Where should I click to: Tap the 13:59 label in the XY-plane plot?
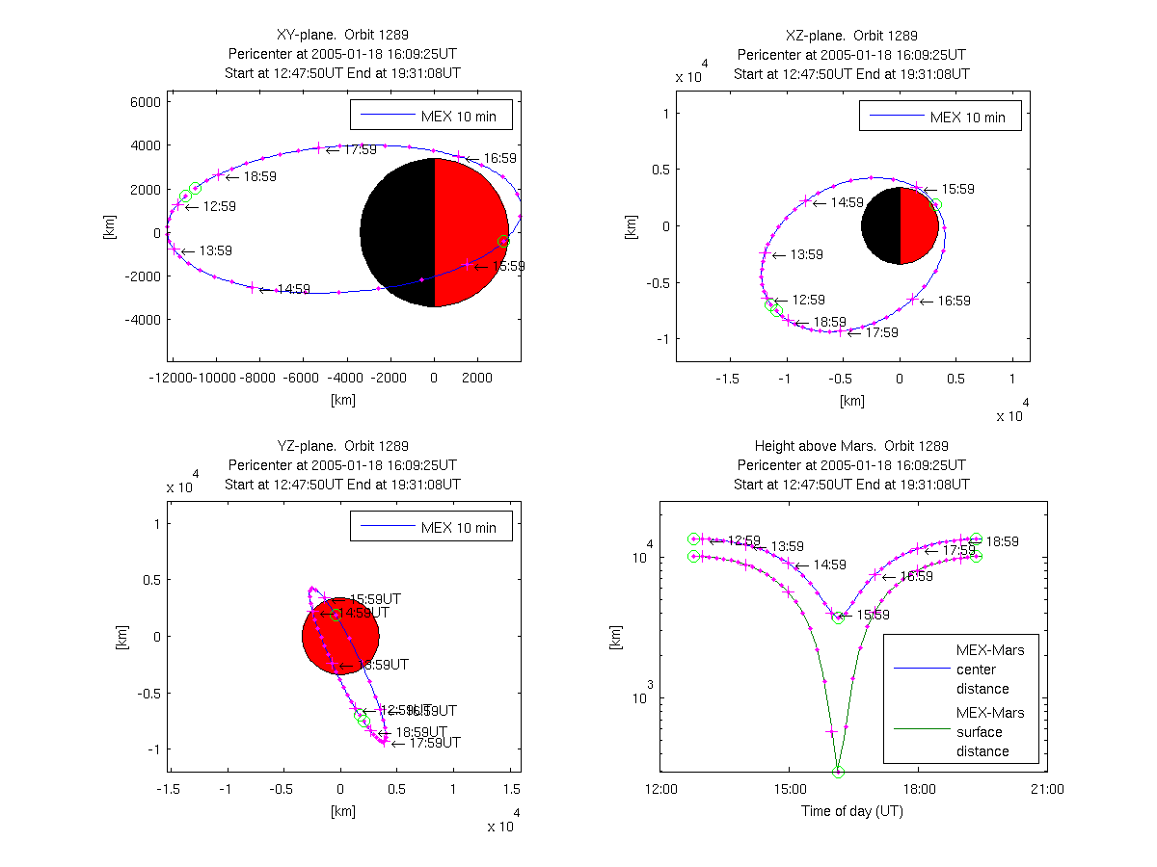[x=215, y=251]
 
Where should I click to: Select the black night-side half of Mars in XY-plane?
[x=397, y=232]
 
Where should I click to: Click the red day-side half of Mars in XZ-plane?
[x=918, y=225]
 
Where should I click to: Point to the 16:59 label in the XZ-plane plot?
[x=954, y=301]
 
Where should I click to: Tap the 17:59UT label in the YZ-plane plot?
[x=435, y=743]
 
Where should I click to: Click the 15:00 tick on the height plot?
[x=789, y=789]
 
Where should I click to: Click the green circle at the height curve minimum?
[x=838, y=772]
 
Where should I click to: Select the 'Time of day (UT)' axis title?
[x=852, y=811]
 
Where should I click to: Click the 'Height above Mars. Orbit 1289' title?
[x=851, y=446]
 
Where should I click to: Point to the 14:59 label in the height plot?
[x=830, y=565]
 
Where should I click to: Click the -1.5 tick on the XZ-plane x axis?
[x=731, y=380]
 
